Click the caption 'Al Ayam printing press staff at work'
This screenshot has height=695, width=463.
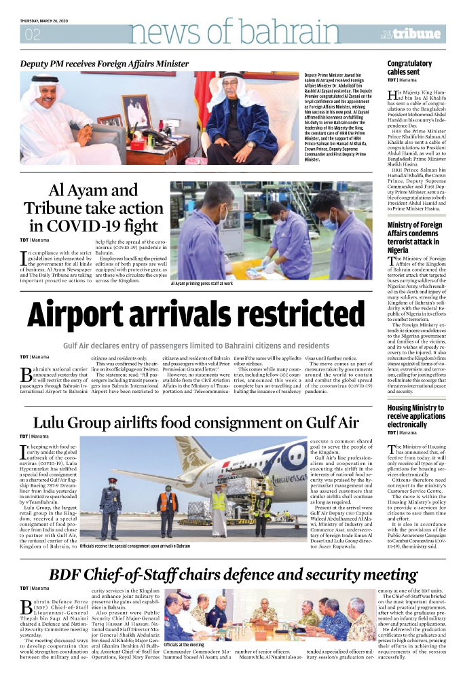point(201,284)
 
